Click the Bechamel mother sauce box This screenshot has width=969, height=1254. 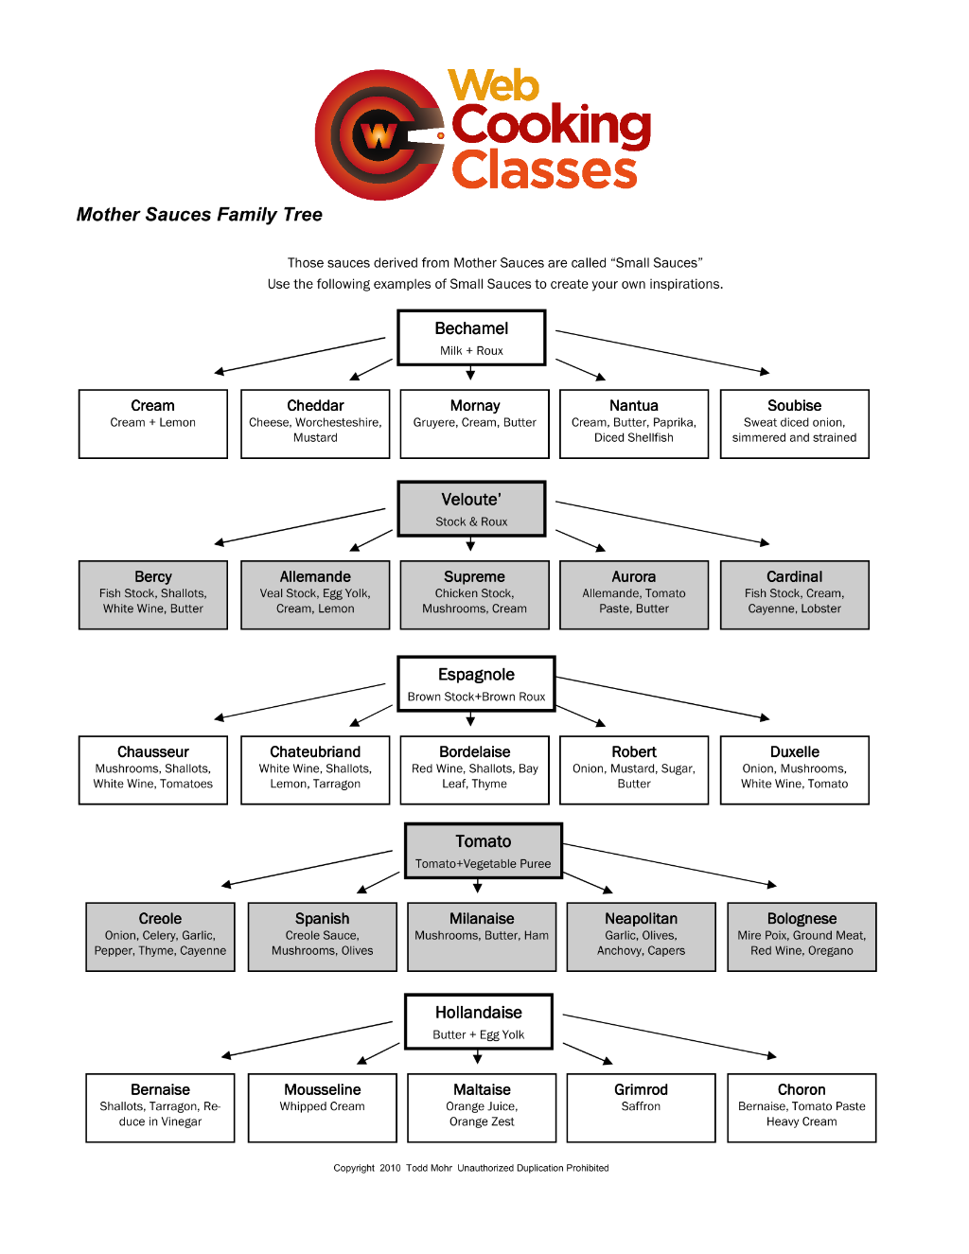pos(471,338)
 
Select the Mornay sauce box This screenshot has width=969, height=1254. pos(474,424)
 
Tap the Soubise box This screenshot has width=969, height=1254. pos(794,424)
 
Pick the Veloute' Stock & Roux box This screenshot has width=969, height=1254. pos(471,508)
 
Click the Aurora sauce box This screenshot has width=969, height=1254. pos(634,594)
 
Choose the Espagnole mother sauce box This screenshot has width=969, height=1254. pos(476,683)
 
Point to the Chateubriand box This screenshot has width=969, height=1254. pos(315,769)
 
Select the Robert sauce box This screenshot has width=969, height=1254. pos(634,769)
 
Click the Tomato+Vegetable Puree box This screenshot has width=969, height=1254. pos(483,851)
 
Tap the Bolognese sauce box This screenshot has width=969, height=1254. pos(802,937)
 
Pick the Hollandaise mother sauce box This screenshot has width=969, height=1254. pos(478,1021)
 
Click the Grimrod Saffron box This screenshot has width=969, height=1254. pos(641,1107)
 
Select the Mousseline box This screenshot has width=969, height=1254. pos(322,1107)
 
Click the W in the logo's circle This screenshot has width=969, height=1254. pos(378,136)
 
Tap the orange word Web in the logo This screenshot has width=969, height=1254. pos(493,85)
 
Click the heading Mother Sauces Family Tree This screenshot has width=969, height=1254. pos(199,215)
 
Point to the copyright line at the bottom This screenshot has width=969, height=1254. pos(470,1168)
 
